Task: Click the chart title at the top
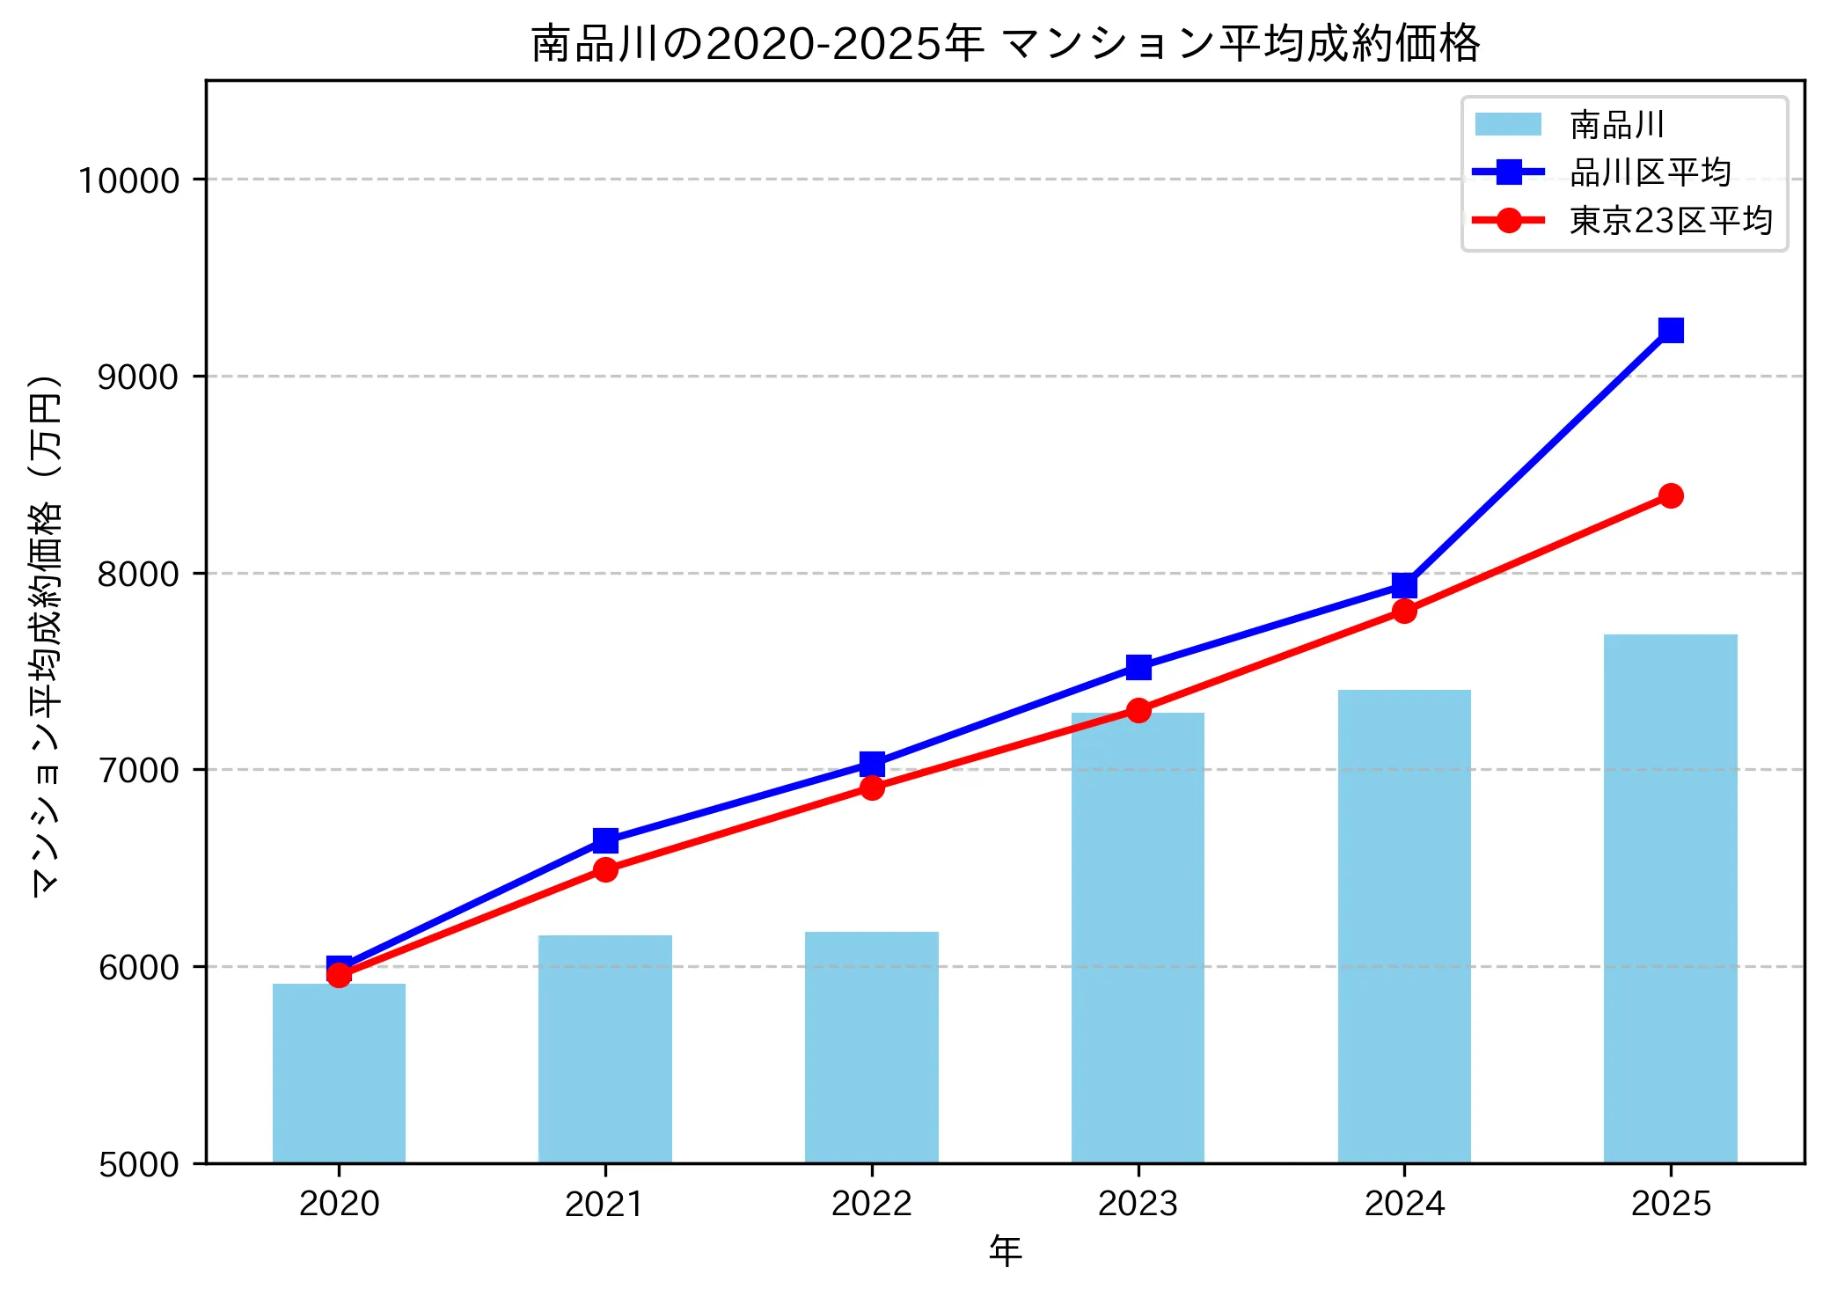tap(1005, 44)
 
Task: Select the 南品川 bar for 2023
tap(1138, 937)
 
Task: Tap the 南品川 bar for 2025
tap(1670, 898)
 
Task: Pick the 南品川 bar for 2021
tap(605, 1048)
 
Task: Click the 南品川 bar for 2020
tap(339, 1073)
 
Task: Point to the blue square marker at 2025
tap(1671, 330)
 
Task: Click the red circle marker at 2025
tap(1671, 496)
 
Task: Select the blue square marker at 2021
tap(605, 840)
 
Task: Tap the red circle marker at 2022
tap(872, 788)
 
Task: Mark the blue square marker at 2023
tap(1138, 668)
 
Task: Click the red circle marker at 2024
tap(1404, 611)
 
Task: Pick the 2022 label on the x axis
tap(871, 1203)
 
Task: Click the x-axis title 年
tap(1005, 1250)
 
